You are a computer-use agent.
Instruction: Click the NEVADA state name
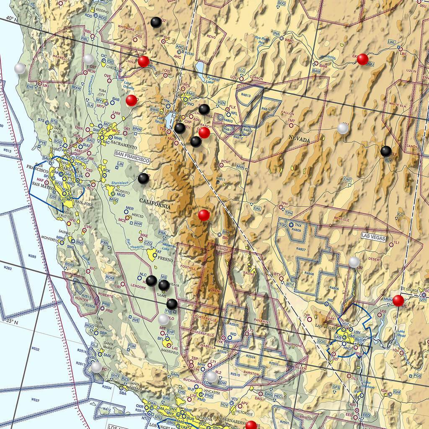pos(299,140)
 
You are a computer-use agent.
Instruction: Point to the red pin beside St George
pos(398,300)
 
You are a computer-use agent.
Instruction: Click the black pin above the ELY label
pos(386,151)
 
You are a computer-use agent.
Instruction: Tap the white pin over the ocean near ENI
pos(20,68)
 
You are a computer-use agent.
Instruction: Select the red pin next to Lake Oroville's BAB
pos(131,100)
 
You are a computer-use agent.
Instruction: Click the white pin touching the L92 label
pos(354,262)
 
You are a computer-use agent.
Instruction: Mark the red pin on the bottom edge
pos(251,425)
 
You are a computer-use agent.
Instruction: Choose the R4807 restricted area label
pos(301,249)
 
